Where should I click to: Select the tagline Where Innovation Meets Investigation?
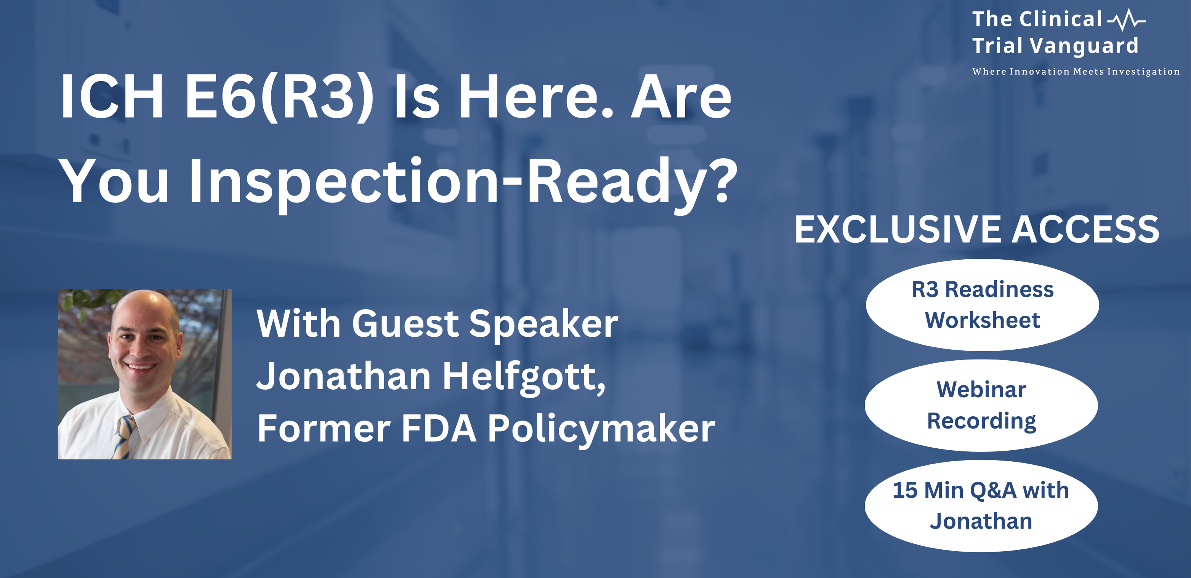[x=1076, y=72]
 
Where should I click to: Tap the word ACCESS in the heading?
[x=1085, y=230]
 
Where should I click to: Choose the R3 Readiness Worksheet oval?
[x=983, y=305]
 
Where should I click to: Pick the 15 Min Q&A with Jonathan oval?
[x=981, y=506]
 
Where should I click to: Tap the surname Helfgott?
[x=524, y=377]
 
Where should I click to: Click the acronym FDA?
[x=439, y=429]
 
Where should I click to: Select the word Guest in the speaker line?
[x=406, y=324]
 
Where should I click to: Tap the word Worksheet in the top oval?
[x=983, y=320]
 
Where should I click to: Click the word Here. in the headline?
[x=535, y=98]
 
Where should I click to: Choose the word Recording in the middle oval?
[x=981, y=421]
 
